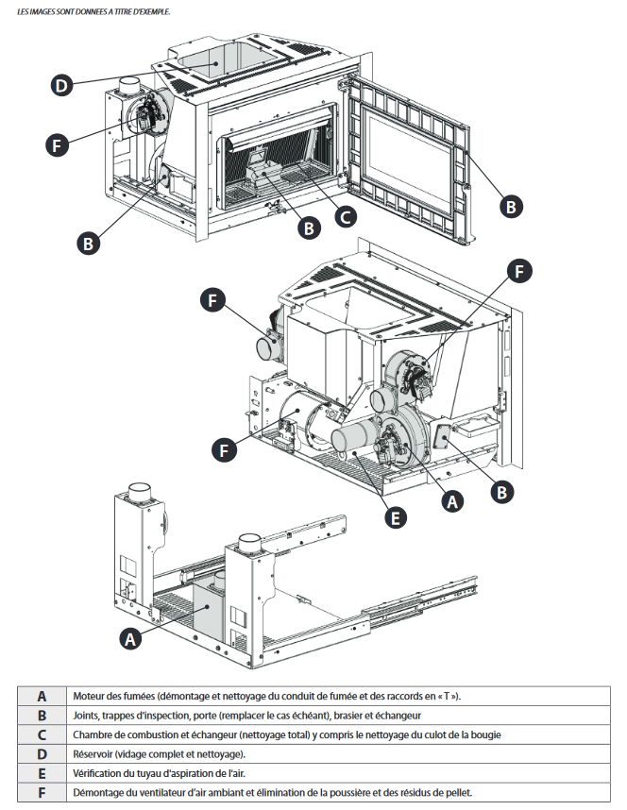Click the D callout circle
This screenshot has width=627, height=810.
tap(61, 85)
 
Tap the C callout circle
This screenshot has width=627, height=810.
tap(346, 216)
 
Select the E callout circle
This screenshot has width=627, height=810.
tap(396, 517)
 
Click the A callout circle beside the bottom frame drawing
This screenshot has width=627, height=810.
tap(130, 639)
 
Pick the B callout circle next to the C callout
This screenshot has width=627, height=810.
tap(309, 228)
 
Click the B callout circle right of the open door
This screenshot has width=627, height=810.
tap(511, 207)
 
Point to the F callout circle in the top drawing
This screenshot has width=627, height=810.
tap(57, 145)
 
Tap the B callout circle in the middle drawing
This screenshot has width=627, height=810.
tap(502, 492)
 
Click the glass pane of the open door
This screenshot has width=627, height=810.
tap(408, 160)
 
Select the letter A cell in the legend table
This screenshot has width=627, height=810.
tap(42, 697)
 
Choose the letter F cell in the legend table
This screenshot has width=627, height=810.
tap(42, 792)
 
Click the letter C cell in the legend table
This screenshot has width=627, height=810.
tap(42, 734)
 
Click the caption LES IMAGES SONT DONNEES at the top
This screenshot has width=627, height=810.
tap(62, 11)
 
